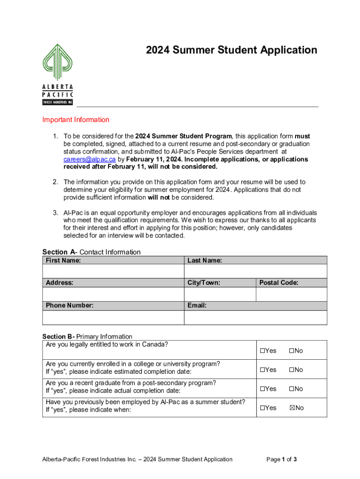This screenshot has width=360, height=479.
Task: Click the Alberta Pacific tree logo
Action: (58, 63)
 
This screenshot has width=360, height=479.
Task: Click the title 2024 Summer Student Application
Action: (231, 51)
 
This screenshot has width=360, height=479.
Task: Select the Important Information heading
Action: (76, 120)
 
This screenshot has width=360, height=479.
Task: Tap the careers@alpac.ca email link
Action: (89, 159)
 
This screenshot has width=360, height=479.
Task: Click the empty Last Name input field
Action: (255, 271)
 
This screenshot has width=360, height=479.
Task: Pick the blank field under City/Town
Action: (219, 294)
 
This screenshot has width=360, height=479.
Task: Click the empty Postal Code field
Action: (291, 294)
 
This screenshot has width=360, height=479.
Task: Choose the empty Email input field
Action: (255, 317)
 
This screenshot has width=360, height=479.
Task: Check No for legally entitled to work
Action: (291, 351)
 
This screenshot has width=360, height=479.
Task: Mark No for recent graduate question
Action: (291, 389)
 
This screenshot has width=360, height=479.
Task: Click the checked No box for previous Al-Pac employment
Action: (292, 408)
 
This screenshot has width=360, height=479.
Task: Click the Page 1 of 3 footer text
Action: (281, 459)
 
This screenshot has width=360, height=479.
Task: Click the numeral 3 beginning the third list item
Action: (55, 213)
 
